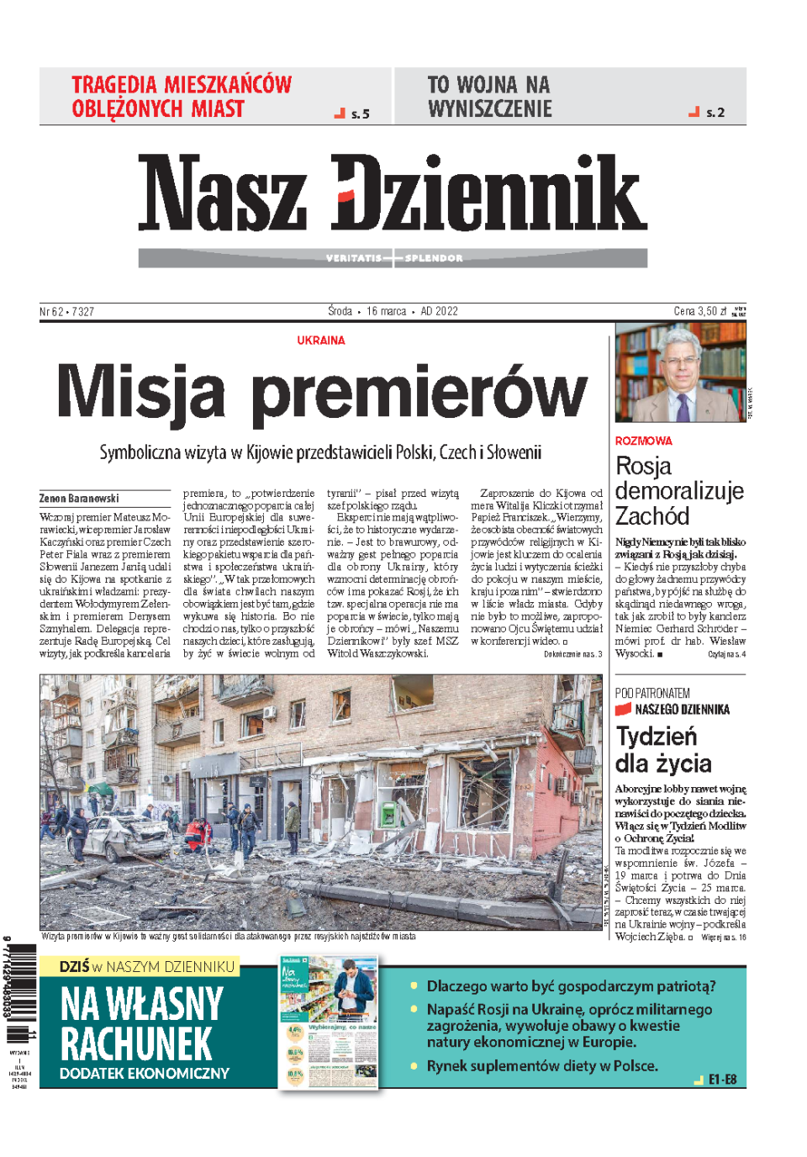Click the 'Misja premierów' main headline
(x=322, y=392)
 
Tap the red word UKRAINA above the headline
(x=320, y=341)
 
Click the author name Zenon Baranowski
(x=79, y=499)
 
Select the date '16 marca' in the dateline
(x=386, y=311)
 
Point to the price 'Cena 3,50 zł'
(x=699, y=311)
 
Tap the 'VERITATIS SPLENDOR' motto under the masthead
(x=393, y=258)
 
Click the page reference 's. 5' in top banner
(x=360, y=114)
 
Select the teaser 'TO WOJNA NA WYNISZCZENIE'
(x=489, y=97)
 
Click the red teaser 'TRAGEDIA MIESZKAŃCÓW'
(x=181, y=97)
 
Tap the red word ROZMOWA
(x=643, y=441)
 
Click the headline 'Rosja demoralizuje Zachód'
(x=678, y=491)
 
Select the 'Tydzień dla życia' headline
(x=663, y=750)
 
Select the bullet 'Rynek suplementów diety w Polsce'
(x=542, y=1065)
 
